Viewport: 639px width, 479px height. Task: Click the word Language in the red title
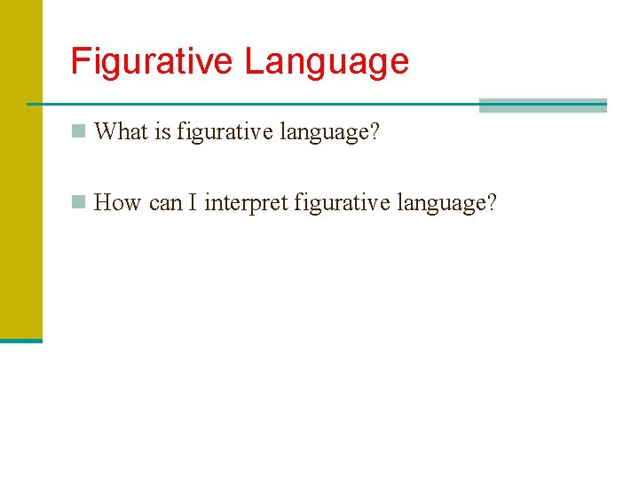click(327, 62)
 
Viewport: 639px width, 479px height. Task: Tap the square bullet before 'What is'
click(79, 131)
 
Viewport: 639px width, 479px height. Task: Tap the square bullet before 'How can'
click(79, 202)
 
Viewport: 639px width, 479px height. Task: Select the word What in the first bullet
click(120, 132)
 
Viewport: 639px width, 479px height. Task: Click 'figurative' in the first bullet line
click(225, 133)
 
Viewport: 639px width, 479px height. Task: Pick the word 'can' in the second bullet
click(165, 204)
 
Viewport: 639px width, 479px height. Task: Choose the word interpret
click(246, 204)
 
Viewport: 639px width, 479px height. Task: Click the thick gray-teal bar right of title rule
click(542, 106)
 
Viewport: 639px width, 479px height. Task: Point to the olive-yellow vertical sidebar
click(20, 169)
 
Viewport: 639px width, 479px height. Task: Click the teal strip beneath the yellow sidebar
click(20, 340)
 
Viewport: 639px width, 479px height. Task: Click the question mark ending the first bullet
click(375, 132)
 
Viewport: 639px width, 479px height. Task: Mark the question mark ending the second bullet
click(492, 203)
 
